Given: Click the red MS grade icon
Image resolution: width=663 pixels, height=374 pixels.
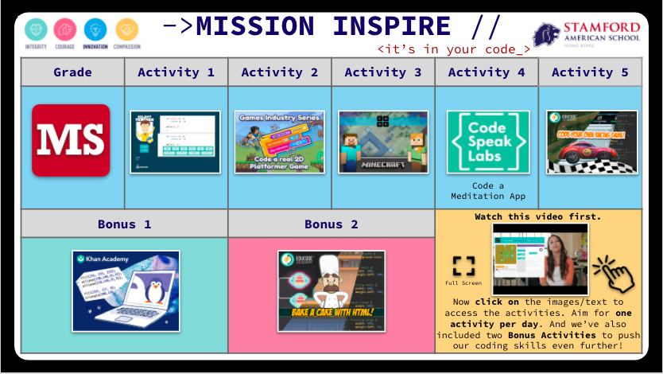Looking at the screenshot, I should tap(71, 140).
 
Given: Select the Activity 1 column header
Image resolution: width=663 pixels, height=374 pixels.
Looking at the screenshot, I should tap(176, 72).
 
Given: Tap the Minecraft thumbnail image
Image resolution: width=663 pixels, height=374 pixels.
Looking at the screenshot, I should tap(383, 142).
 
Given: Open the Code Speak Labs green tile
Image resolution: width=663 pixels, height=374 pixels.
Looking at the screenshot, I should tap(487, 142).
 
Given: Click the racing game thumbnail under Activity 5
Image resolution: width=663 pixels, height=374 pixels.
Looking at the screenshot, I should tap(591, 142).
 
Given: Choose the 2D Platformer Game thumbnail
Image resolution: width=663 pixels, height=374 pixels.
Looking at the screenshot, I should tap(279, 142).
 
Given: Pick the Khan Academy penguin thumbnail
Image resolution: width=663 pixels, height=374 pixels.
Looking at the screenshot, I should tap(126, 290).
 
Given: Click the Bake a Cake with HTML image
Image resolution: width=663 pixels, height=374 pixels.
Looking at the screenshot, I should tap(331, 290).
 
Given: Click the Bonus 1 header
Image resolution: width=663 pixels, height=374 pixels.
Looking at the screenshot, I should tap(124, 224).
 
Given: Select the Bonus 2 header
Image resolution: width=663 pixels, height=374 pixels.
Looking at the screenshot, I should tap(331, 224).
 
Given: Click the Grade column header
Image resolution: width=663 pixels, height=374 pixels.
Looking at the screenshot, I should tap(72, 72).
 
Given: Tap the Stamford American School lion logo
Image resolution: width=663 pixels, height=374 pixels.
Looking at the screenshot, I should tap(548, 33).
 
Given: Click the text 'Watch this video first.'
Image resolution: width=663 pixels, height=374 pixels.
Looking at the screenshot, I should tap(537, 216).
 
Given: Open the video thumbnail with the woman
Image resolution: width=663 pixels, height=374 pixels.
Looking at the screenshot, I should tap(541, 255).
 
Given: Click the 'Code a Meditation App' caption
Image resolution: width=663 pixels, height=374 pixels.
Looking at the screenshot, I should tap(487, 191).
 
